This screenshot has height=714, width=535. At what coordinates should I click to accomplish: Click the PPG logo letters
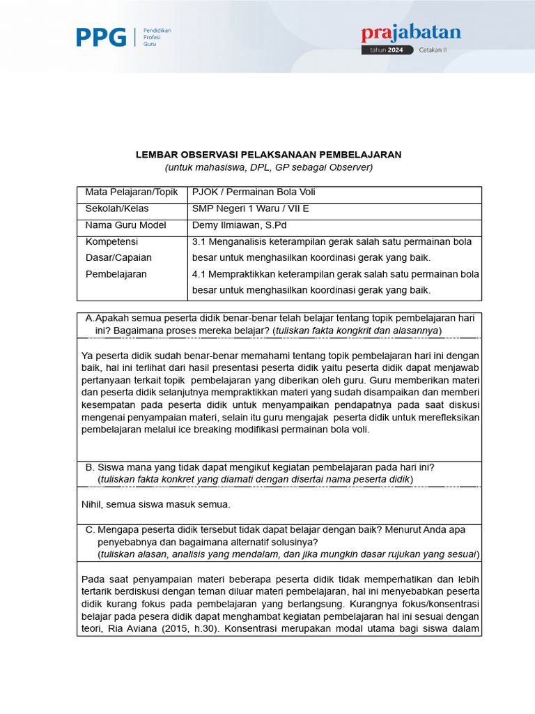pos(101,37)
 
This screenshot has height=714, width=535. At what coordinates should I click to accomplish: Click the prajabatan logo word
pos(410,33)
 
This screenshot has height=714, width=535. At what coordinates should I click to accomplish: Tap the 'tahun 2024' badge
pos(387,50)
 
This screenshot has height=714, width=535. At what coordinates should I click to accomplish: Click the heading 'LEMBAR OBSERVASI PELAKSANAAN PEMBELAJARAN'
pos(268,154)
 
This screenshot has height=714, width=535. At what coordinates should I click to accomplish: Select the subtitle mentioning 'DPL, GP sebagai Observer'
pos(268,167)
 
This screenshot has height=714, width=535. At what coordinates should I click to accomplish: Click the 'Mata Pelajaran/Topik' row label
pos(132,192)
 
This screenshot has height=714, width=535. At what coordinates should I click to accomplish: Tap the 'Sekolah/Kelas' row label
pos(116,208)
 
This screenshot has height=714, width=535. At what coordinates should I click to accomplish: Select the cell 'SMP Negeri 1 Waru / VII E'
pos(249,208)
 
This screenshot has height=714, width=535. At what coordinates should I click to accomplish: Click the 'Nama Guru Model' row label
pos(125,225)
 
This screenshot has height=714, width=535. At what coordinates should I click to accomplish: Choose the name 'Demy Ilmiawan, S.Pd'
pos(239,225)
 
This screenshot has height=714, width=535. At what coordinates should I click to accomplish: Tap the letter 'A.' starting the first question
pos(89,317)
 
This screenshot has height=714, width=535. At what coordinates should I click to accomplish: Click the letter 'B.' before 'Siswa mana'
pos(89,467)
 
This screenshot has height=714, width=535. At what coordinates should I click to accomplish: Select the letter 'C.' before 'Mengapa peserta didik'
pos(90,530)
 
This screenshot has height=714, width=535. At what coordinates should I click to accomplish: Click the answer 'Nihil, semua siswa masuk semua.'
pos(155,504)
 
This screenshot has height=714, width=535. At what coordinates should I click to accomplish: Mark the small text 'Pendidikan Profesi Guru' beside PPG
pos(157,37)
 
